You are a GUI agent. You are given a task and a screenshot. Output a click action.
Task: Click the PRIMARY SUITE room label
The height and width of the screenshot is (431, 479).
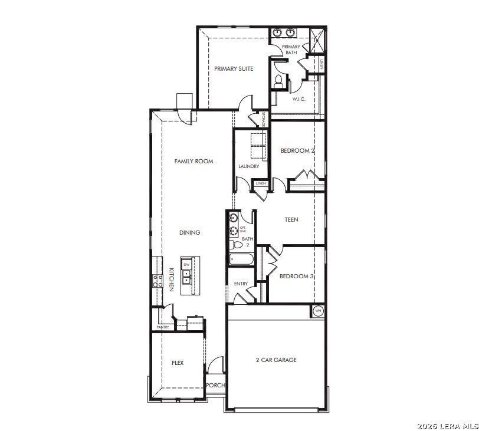[234, 69]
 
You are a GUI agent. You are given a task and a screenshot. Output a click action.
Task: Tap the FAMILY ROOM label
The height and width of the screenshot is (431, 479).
[193, 162]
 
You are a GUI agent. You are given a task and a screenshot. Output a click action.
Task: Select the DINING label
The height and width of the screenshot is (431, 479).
[190, 233]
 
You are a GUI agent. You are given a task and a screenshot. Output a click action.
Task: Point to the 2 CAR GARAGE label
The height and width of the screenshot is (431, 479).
[276, 360]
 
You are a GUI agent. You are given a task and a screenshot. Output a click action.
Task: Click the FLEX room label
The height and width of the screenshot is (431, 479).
[178, 363]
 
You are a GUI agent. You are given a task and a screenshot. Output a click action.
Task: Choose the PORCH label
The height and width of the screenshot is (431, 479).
[215, 386]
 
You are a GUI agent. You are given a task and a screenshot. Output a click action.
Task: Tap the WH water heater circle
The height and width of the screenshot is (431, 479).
[318, 311]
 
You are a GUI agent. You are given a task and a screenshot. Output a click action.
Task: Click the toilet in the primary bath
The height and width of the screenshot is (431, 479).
[279, 81]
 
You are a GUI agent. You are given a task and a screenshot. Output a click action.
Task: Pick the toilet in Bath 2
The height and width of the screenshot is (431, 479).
[237, 244]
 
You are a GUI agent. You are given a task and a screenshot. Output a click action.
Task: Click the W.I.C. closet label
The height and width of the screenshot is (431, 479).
[298, 99]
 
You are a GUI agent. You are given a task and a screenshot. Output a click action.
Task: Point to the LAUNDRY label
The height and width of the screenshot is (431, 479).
[248, 167]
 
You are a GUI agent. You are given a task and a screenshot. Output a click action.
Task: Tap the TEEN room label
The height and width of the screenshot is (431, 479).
[291, 220]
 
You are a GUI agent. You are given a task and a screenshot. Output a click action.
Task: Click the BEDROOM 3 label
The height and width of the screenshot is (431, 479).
[297, 277]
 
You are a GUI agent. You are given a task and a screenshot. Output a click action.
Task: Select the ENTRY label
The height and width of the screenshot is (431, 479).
[241, 284]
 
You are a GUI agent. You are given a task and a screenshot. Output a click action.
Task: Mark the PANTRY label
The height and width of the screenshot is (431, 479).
[162, 327]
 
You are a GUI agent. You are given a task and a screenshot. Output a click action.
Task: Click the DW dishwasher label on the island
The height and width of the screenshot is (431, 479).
[187, 265]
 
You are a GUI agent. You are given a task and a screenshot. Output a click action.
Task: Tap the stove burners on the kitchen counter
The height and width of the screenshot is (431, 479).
[158, 281]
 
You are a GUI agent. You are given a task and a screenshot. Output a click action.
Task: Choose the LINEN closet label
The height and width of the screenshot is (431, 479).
[261, 184]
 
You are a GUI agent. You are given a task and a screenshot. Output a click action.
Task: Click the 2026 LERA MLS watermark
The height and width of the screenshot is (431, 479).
[447, 426]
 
